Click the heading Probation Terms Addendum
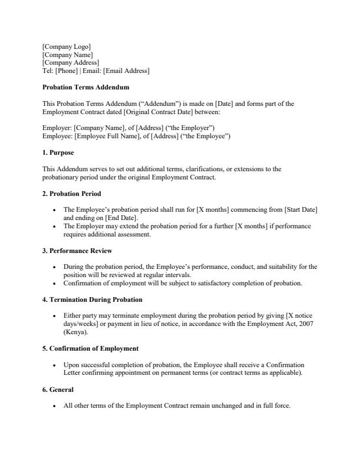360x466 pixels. [x=85, y=88]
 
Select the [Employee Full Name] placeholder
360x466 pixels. [x=102, y=137]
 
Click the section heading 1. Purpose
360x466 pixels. [x=58, y=153]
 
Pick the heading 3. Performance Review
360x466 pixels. [x=77, y=251]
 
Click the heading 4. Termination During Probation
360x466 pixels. [x=92, y=299]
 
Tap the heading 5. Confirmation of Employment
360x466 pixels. [x=91, y=348]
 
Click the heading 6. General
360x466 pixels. [x=58, y=390]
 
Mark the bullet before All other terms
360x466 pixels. [x=55, y=406]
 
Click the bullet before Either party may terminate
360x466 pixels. [x=55, y=316]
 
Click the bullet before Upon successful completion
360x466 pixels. [x=55, y=365]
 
